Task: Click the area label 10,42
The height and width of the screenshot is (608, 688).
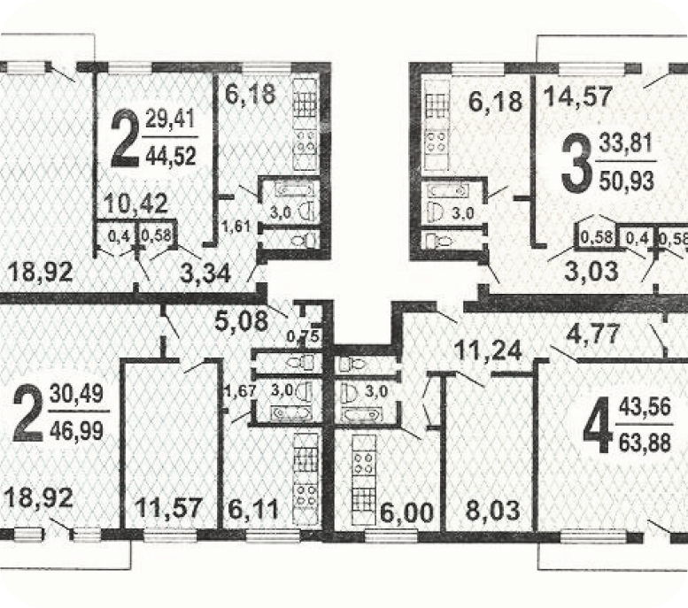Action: click(136, 204)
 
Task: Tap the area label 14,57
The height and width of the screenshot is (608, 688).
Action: click(578, 97)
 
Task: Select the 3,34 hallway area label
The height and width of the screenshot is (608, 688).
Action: click(205, 273)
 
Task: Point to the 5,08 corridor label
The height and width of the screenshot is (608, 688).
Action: click(242, 320)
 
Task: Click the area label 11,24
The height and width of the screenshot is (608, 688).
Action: click(488, 351)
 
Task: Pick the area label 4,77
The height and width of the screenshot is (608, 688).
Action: click(593, 335)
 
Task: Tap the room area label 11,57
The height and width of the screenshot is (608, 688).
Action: click(168, 507)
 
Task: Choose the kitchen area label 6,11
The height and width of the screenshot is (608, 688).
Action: click(253, 509)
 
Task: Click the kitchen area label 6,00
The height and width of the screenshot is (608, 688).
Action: click(406, 512)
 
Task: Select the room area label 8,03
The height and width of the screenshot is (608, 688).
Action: click(492, 510)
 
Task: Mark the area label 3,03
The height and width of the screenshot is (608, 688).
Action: click(591, 271)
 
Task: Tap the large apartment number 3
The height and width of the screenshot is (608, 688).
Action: click(576, 163)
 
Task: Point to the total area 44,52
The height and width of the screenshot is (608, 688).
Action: click(171, 156)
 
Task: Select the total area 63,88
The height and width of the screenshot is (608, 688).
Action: click(645, 443)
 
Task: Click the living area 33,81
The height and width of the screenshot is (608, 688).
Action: click(626, 143)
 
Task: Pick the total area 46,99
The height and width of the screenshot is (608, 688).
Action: click(77, 430)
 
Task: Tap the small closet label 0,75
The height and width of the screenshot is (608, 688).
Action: click(303, 336)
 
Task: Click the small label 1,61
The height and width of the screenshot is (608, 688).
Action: click(236, 227)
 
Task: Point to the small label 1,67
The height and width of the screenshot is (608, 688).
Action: click(239, 390)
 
